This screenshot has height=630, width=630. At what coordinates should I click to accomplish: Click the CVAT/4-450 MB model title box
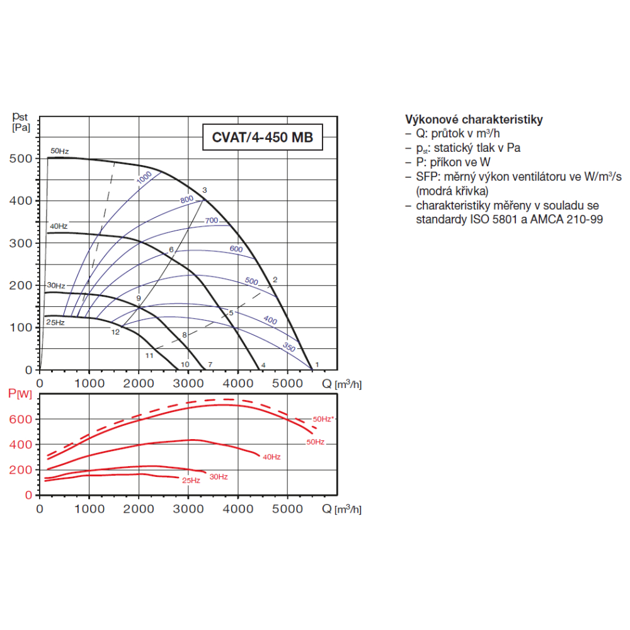(262, 137)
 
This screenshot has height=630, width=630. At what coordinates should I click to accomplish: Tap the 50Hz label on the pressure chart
(59, 151)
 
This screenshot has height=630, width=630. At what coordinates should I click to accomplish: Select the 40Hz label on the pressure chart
(59, 226)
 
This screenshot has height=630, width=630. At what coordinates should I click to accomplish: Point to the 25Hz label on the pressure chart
(55, 322)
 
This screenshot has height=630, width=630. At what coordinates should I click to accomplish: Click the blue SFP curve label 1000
(144, 177)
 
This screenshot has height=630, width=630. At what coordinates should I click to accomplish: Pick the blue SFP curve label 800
(187, 199)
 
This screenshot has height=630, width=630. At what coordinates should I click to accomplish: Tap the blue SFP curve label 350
(289, 346)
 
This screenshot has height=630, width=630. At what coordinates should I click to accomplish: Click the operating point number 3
(205, 190)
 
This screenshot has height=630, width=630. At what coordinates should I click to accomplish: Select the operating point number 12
(115, 332)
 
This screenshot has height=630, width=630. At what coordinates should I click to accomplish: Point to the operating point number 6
(171, 249)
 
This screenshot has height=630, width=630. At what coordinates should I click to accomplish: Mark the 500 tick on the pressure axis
(21, 159)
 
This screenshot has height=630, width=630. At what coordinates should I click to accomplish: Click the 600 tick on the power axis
(21, 419)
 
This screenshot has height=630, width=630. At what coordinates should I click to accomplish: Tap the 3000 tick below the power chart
(188, 508)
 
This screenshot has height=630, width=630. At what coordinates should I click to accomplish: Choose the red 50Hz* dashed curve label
(323, 419)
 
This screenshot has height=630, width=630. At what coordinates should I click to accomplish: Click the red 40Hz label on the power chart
(272, 457)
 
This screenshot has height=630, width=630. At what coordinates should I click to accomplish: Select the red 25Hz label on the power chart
(191, 481)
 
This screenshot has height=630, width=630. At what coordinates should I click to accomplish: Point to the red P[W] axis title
(20, 394)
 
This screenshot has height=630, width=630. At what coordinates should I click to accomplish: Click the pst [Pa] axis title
(21, 122)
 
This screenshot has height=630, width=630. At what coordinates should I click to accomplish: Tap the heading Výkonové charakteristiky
(474, 119)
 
